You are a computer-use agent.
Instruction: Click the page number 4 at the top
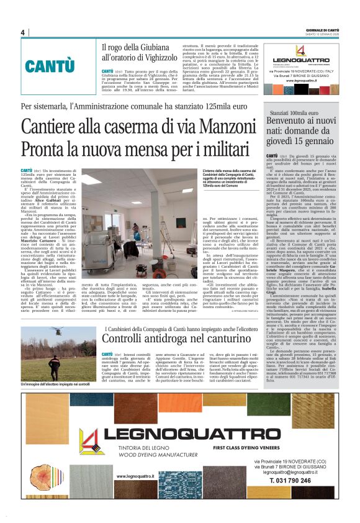tap(22, 32)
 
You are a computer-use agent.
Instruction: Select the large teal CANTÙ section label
tap(50, 65)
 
